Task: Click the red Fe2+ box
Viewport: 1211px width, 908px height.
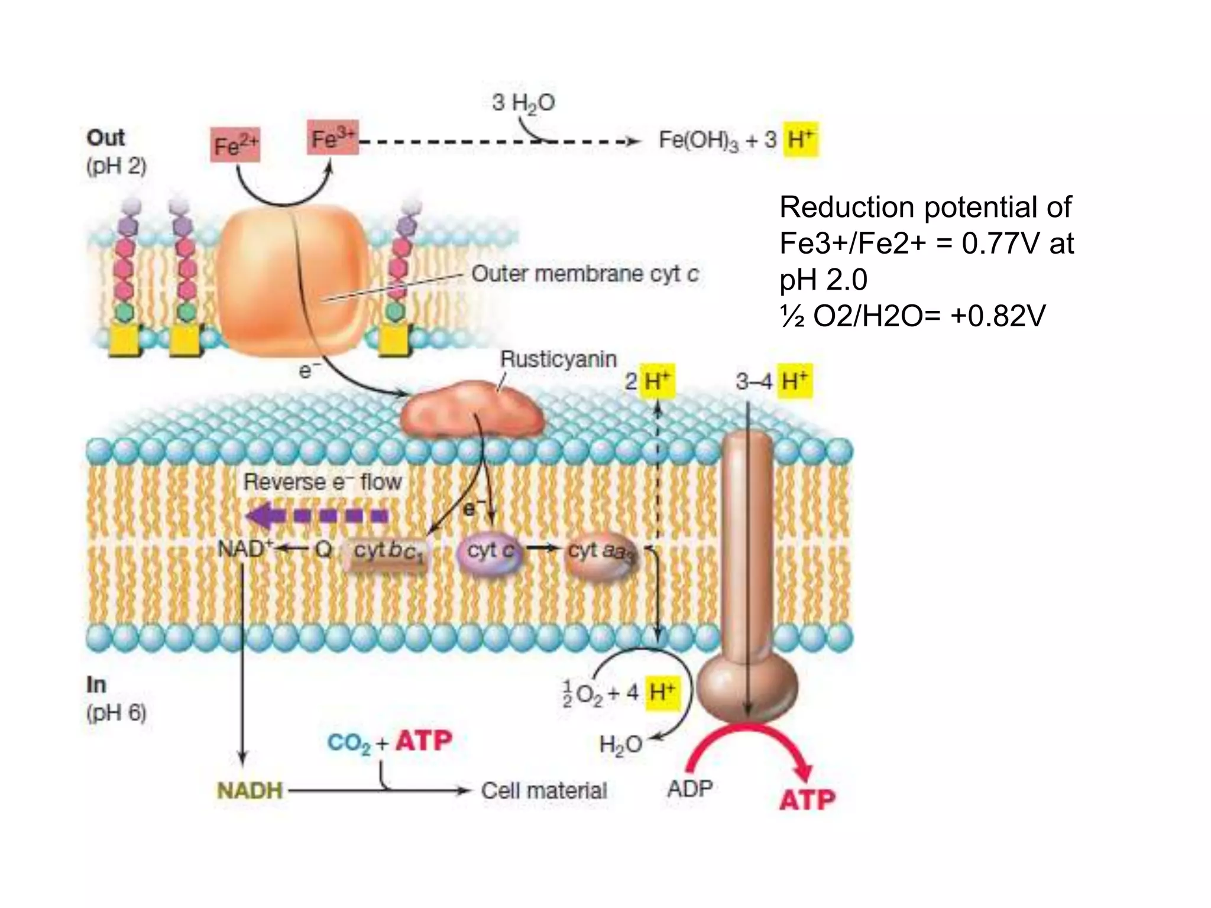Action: click(x=235, y=145)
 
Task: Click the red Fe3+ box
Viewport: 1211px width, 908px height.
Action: click(x=332, y=138)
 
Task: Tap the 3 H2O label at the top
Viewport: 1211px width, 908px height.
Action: click(x=523, y=103)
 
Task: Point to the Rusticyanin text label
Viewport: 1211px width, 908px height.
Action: click(x=558, y=359)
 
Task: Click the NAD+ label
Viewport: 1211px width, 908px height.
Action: click(x=242, y=549)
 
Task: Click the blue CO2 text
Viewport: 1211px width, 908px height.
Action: click(x=349, y=743)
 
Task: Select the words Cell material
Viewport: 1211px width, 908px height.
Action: click(x=544, y=790)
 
